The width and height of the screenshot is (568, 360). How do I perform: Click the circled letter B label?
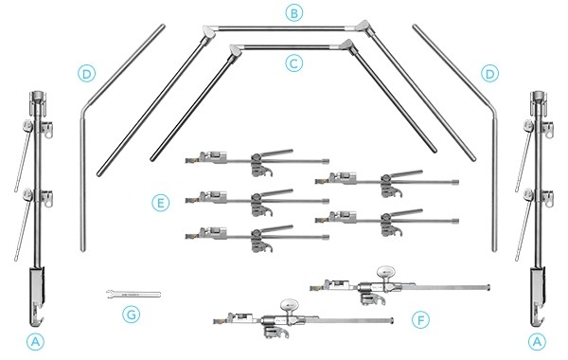[x=293, y=13]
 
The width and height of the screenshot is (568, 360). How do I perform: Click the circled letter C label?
[x=293, y=63]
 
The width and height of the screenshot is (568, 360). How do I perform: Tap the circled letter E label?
[x=160, y=203]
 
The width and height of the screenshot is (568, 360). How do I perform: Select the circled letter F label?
[x=420, y=320]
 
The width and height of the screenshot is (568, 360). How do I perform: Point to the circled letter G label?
[x=132, y=314]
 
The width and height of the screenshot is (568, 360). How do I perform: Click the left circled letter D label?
[x=86, y=74]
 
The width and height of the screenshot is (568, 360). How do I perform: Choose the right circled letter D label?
[x=489, y=74]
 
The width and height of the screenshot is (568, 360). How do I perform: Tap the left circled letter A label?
[x=35, y=341]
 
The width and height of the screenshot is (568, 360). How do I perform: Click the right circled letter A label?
[x=537, y=341]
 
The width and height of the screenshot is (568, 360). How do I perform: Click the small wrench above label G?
[x=133, y=294]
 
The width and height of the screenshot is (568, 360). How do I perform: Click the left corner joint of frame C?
[x=235, y=52]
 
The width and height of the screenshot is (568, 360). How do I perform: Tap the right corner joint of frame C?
[x=347, y=46]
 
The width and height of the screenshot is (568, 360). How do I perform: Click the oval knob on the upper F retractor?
[x=385, y=272]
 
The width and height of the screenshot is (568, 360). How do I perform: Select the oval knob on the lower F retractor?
[x=289, y=304]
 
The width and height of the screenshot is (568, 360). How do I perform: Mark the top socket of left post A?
[x=37, y=98]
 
